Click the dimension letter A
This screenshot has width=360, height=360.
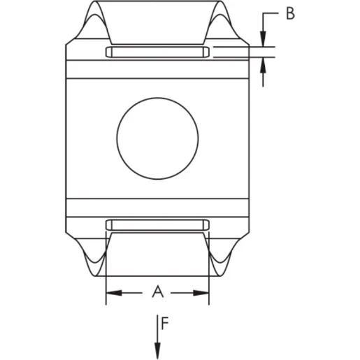point(158,291)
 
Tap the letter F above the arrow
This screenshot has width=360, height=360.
point(164,323)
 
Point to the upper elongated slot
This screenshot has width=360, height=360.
point(157,52)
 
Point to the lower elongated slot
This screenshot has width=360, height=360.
point(157,224)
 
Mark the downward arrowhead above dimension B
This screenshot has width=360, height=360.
point(264,41)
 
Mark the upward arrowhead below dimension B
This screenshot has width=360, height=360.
point(264,64)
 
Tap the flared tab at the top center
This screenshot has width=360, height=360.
point(157,24)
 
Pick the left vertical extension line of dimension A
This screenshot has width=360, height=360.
point(106,280)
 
